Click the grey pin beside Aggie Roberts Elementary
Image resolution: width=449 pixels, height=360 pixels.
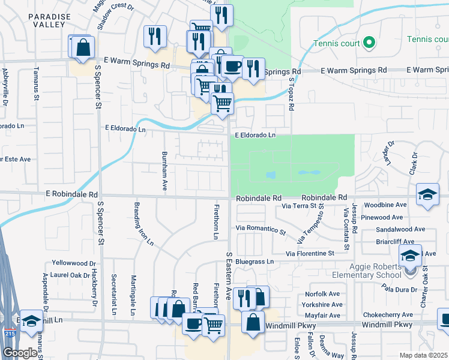(x=410, y=271)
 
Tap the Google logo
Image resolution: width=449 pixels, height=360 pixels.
(x=19, y=353)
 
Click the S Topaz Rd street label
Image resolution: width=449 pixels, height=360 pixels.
(x=292, y=92)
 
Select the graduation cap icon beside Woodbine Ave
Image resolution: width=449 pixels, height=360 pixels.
(x=427, y=194)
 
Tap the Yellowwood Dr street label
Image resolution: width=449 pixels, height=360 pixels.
(x=74, y=263)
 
